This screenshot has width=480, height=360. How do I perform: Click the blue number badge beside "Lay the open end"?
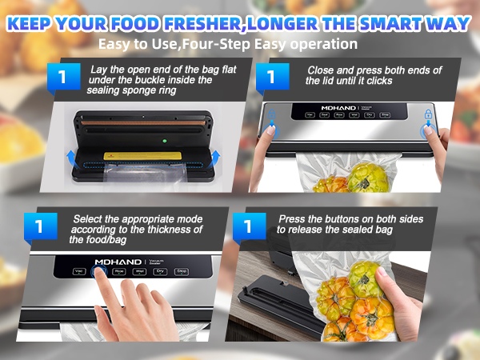pos(66,78)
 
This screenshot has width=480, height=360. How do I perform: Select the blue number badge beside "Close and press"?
pos(272,78)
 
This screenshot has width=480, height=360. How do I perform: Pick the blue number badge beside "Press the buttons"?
pos(248,227)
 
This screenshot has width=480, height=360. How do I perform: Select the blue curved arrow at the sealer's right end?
pos(218,159)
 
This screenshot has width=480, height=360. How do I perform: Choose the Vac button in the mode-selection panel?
pos(79,272)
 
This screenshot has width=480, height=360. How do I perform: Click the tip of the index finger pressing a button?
pos(100,273)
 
